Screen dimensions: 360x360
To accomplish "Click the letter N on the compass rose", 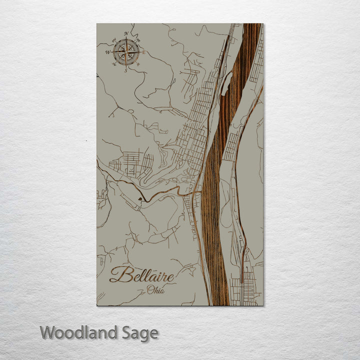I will pyautogui.click(x=126, y=34).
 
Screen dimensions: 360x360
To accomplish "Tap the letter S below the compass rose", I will pyautogui.click(x=125, y=69).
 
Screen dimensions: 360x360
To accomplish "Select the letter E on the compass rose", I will pyautogui.click(x=144, y=52).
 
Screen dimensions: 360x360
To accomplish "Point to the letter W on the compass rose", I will pyautogui.click(x=107, y=51).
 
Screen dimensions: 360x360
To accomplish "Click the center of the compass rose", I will pyautogui.click(x=126, y=51).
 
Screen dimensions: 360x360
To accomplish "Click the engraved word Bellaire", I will pyautogui.click(x=142, y=275).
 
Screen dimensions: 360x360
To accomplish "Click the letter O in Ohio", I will pyautogui.click(x=149, y=289).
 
